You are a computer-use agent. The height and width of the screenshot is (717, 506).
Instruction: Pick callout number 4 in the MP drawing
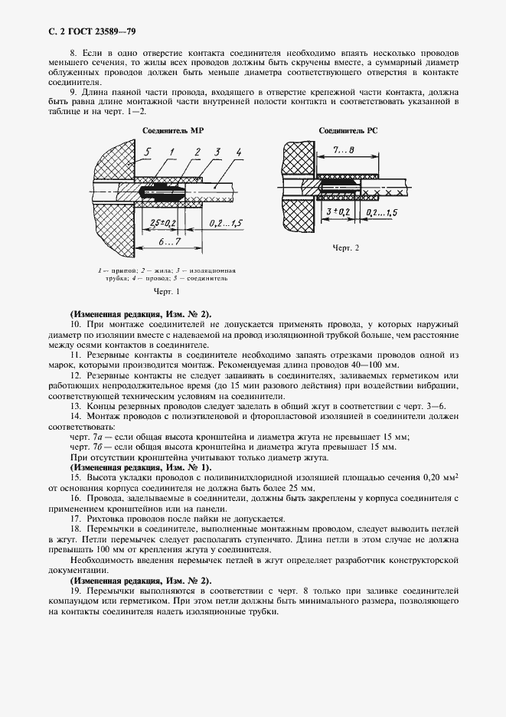click(x=239, y=152)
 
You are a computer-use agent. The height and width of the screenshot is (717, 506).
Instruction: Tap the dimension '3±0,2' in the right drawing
click(x=338, y=210)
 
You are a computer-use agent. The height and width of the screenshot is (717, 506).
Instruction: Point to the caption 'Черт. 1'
click(x=167, y=292)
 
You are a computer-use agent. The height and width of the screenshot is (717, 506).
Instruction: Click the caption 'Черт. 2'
click(x=345, y=249)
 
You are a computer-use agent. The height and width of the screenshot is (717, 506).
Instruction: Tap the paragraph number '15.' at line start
click(x=75, y=476)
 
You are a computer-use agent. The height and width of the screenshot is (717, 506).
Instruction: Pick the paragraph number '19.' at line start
click(x=75, y=592)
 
